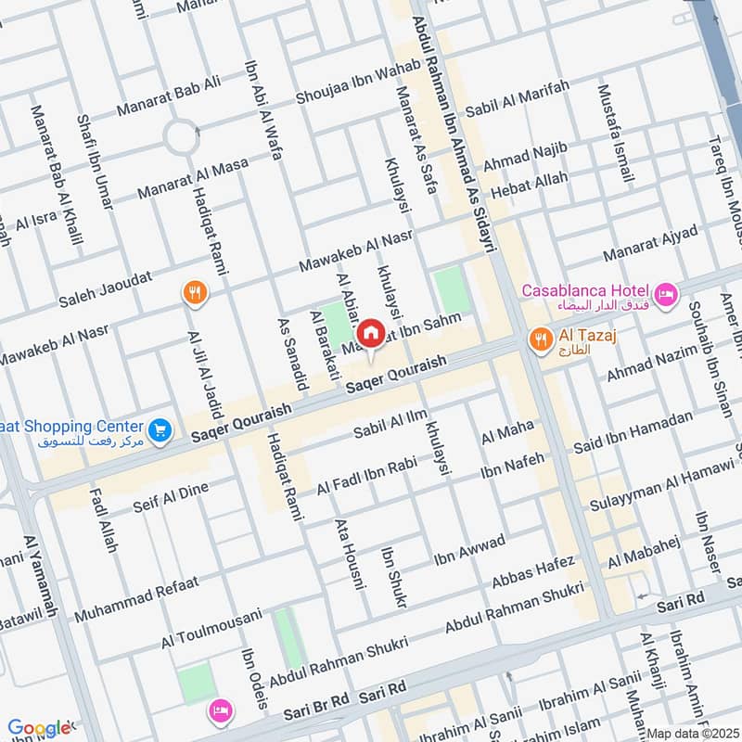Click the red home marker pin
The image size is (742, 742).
click(x=371, y=332)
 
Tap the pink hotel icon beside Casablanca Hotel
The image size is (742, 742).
click(x=666, y=296)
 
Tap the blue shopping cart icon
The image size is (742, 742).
click(x=160, y=430)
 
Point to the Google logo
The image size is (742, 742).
click(x=39, y=729)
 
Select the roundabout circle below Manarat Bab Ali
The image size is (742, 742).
click(x=182, y=138)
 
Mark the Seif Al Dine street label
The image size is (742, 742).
click(x=172, y=495)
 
